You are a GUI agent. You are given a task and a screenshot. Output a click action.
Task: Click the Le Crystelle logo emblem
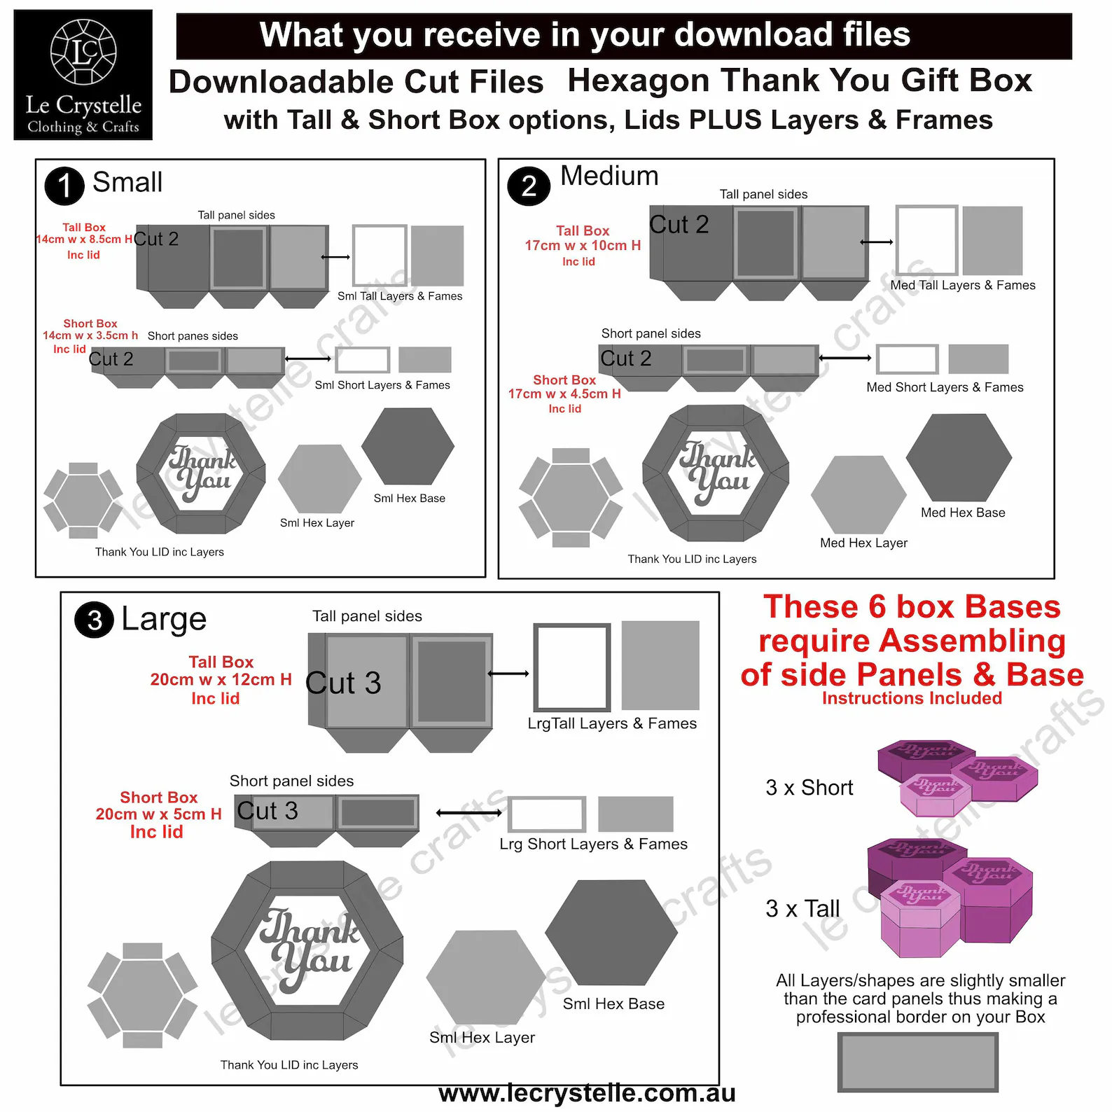(83, 52)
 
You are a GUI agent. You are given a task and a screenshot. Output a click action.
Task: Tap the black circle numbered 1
(64, 186)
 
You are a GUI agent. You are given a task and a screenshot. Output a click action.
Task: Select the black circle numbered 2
(529, 186)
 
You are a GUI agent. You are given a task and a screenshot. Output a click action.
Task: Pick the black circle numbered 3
(95, 620)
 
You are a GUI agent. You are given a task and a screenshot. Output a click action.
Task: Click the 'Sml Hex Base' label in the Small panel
(410, 499)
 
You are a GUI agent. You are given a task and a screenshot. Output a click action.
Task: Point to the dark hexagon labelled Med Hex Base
(959, 457)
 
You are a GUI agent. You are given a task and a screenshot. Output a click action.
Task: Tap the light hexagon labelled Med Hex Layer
(859, 494)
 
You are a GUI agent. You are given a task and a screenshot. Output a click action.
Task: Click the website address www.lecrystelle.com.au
(587, 1093)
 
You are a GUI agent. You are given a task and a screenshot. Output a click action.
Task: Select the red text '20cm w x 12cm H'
(221, 679)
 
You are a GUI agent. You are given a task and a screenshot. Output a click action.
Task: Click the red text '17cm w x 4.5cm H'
(564, 394)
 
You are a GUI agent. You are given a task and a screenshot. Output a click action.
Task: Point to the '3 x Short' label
(809, 788)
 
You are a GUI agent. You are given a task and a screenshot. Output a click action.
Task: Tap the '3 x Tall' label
(802, 909)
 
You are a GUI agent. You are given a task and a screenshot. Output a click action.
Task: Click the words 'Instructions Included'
(912, 698)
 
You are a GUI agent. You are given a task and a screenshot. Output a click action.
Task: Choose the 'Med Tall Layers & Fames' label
(963, 285)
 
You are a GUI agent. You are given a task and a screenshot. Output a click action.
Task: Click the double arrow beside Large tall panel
(508, 674)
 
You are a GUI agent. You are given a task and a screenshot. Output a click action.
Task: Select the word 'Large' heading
(164, 620)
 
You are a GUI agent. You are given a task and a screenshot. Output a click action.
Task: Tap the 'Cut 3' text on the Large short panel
(267, 811)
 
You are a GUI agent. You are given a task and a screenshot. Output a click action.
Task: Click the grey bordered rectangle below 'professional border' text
(918, 1062)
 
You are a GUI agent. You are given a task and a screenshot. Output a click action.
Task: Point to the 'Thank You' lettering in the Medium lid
(717, 472)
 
